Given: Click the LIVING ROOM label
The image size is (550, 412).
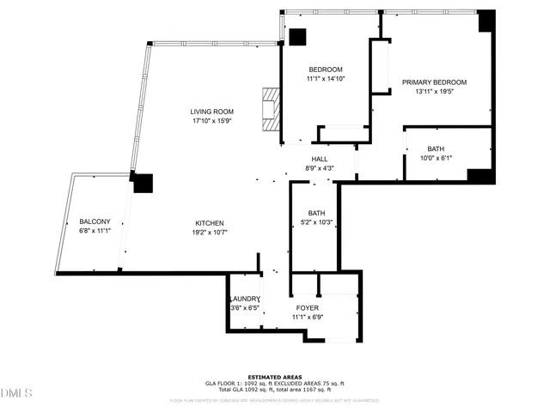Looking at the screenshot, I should tap(210, 112).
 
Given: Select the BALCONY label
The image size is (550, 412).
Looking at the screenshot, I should tap(95, 221).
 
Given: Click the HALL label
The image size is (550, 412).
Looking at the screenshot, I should tap(319, 159).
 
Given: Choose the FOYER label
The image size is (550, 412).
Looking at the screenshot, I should tap(308, 307).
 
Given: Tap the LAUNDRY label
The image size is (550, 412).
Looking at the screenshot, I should tap(244, 299).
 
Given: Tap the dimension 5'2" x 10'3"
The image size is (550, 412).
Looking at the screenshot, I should tap(316, 223).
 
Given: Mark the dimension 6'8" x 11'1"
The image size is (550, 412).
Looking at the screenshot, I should tap(95, 231).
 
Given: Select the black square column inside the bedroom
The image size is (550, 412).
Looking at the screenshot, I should tap(297, 38).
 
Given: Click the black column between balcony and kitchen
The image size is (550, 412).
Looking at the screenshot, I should tap(143, 183).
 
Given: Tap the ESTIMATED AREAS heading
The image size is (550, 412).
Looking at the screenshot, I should tap(274, 377).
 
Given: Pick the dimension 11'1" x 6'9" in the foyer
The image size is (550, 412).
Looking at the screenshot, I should tap(308, 317).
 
